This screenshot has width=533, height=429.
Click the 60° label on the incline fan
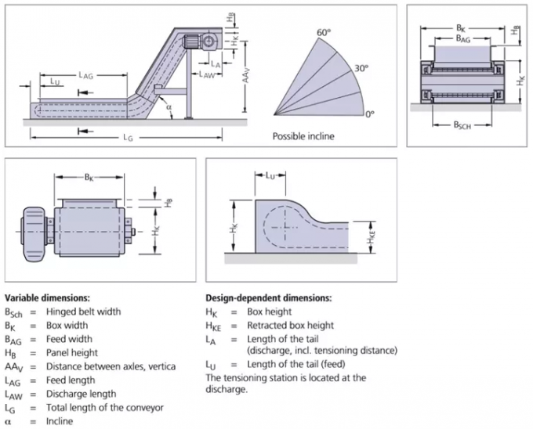(x=324, y=33)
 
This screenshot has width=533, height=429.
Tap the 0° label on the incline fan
(x=370, y=115)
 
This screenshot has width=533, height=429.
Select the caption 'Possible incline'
(x=303, y=136)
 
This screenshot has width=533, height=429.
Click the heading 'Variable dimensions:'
(x=47, y=298)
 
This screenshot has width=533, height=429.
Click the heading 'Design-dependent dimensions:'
(x=267, y=298)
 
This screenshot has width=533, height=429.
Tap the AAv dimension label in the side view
(x=246, y=77)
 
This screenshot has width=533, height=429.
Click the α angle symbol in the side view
(x=168, y=108)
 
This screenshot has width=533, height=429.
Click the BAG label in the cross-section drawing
(x=464, y=38)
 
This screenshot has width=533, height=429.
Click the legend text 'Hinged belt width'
(x=84, y=312)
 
